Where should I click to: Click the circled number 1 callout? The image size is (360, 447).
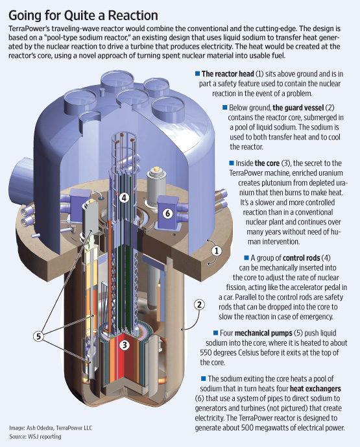click(217, 251)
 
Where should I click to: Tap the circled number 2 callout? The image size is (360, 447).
click(199, 305)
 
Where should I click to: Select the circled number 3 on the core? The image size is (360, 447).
click(125, 345)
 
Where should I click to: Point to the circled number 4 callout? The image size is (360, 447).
click(124, 198)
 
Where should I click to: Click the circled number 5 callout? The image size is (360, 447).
click(38, 337)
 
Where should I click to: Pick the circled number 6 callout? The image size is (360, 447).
click(167, 213)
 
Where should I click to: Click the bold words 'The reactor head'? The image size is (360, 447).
click(228, 74)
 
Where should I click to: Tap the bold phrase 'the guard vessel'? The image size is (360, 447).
click(298, 108)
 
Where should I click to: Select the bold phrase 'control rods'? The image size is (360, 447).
click(301, 258)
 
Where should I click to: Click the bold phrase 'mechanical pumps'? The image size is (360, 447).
click(263, 333)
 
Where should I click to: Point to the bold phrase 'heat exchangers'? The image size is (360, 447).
click(315, 389)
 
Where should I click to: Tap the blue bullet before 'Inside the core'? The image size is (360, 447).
click(232, 163)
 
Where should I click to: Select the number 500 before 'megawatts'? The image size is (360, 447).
click(247, 428)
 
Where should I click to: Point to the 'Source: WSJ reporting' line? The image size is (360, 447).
click(35, 437)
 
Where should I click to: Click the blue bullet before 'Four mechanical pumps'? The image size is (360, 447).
click(215, 333)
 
